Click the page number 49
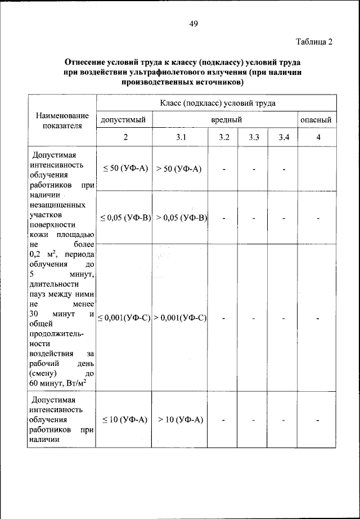(x=193, y=23)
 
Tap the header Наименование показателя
(x=62, y=120)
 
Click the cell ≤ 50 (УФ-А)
(x=125, y=169)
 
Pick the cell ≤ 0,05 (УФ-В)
(x=125, y=218)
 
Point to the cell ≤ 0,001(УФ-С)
(x=125, y=318)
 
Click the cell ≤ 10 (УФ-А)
(x=125, y=420)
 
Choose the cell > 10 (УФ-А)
(x=179, y=420)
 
